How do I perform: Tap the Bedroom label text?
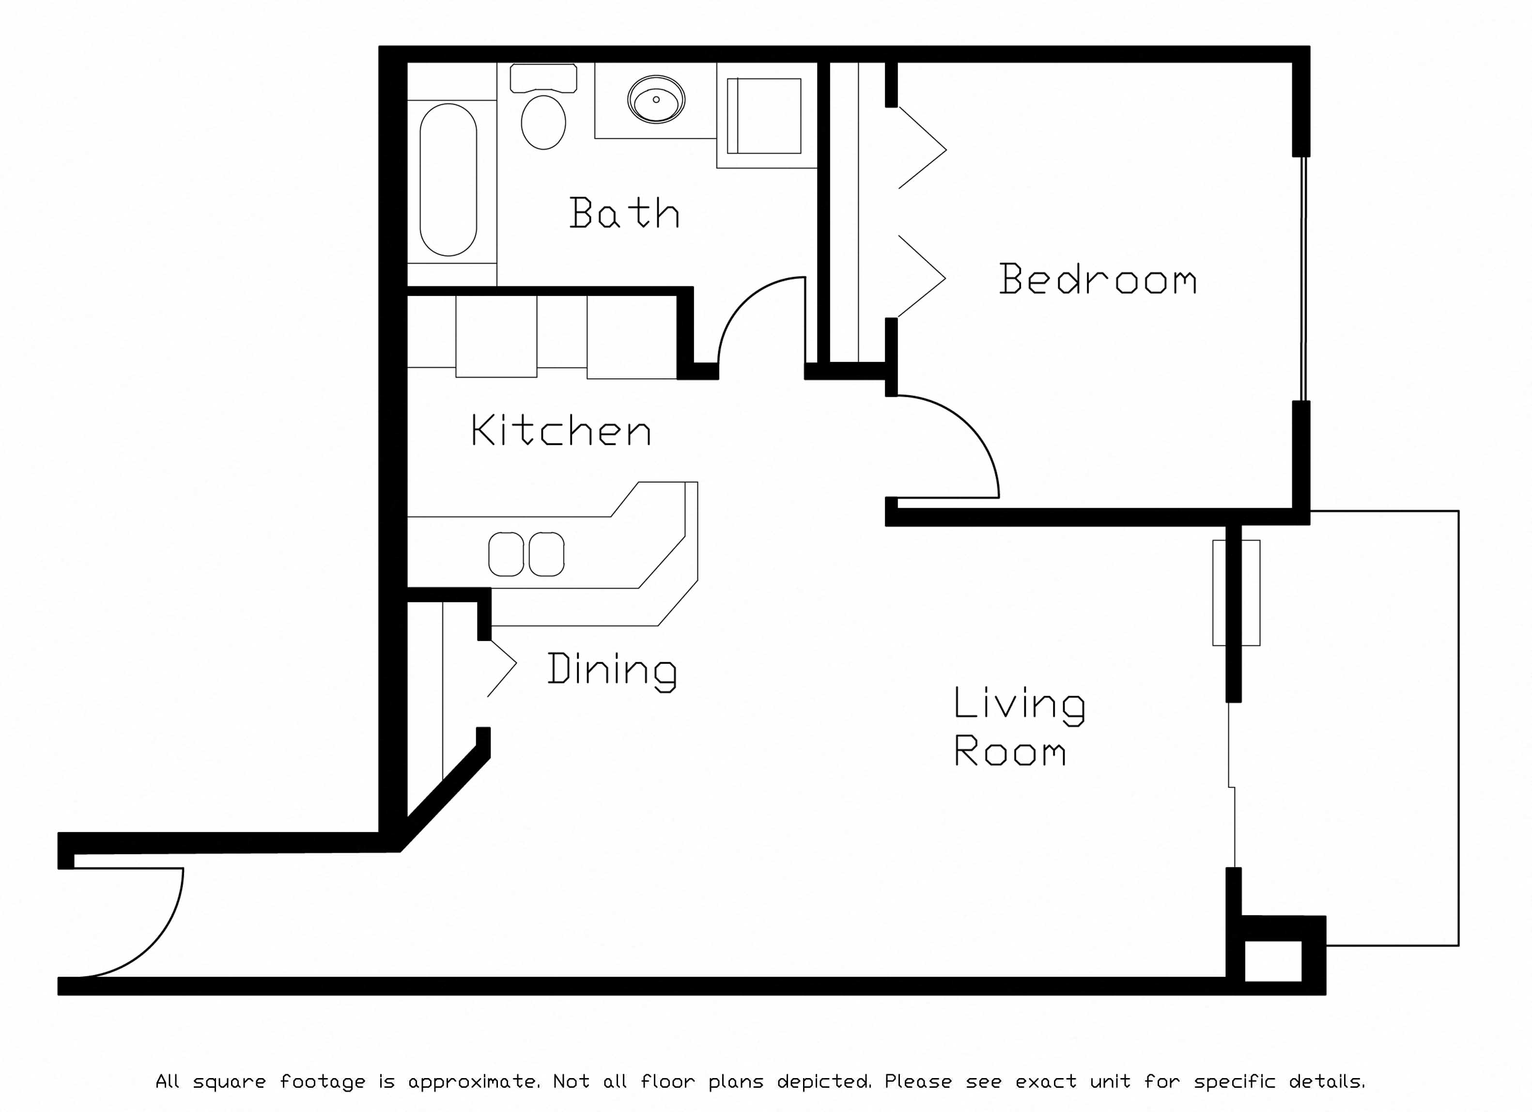[1098, 279]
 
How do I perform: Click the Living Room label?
[1019, 726]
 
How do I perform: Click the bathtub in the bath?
[449, 180]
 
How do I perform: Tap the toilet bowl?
[544, 122]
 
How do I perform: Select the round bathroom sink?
[656, 100]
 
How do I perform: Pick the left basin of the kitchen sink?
[506, 554]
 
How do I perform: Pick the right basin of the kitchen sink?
[546, 554]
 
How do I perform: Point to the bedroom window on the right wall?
[1304, 279]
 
